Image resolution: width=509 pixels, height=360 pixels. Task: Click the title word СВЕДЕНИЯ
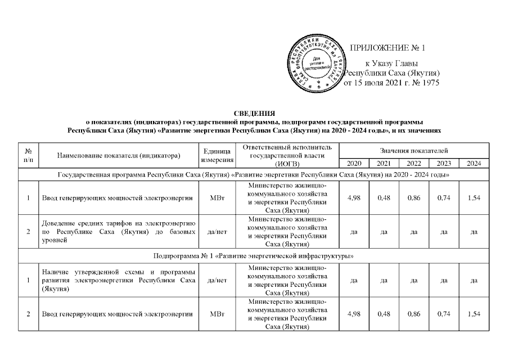[x=254, y=113]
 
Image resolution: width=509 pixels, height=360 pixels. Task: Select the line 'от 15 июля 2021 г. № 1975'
[x=391, y=83]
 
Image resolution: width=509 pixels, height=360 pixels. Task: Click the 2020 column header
[x=354, y=164]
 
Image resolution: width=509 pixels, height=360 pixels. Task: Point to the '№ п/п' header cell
[x=28, y=156]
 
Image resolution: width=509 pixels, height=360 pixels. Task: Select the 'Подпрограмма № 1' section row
[x=254, y=256]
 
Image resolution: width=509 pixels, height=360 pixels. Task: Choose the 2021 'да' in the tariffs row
[x=384, y=231]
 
